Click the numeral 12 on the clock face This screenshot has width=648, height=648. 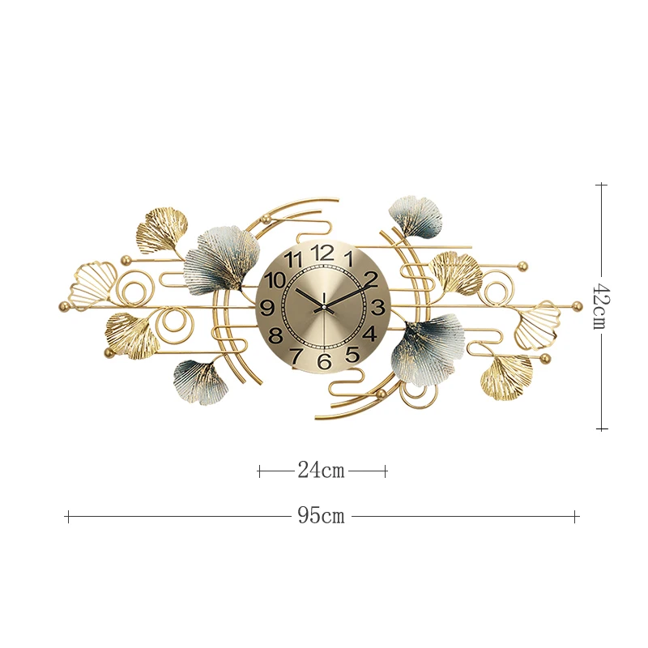322,252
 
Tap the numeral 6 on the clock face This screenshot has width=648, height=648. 324,361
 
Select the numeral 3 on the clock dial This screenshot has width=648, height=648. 377,307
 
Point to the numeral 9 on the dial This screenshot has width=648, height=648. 267,307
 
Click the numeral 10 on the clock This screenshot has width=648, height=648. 275,280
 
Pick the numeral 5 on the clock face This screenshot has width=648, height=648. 352,354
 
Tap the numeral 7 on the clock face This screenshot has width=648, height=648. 296,355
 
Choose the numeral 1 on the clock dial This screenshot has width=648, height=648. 348,259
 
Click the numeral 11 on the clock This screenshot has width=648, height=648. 295,259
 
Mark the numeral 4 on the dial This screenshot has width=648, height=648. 369,334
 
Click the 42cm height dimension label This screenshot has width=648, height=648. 600,305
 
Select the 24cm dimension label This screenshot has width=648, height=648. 322,471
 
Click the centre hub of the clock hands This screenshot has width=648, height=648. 323,307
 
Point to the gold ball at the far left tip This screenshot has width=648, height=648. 64,306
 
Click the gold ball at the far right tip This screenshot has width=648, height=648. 577,305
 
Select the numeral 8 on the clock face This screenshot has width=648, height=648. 275,335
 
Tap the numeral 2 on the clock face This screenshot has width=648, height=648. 371,280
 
